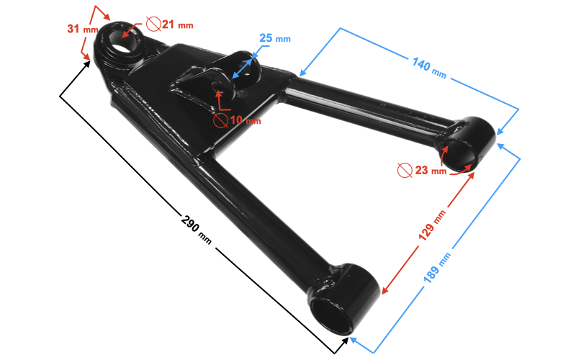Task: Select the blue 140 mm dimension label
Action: pos(429,67)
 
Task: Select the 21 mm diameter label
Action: pos(177,24)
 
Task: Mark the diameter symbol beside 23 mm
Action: pos(405,171)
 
